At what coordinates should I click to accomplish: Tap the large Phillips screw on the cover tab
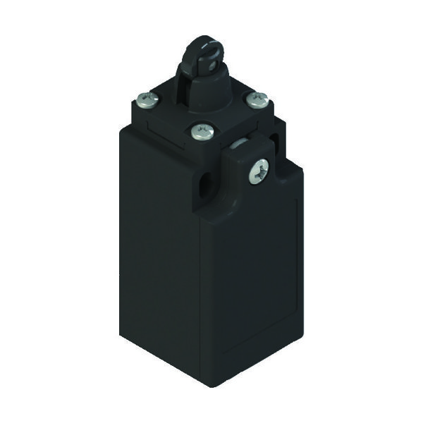(x=259, y=170)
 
